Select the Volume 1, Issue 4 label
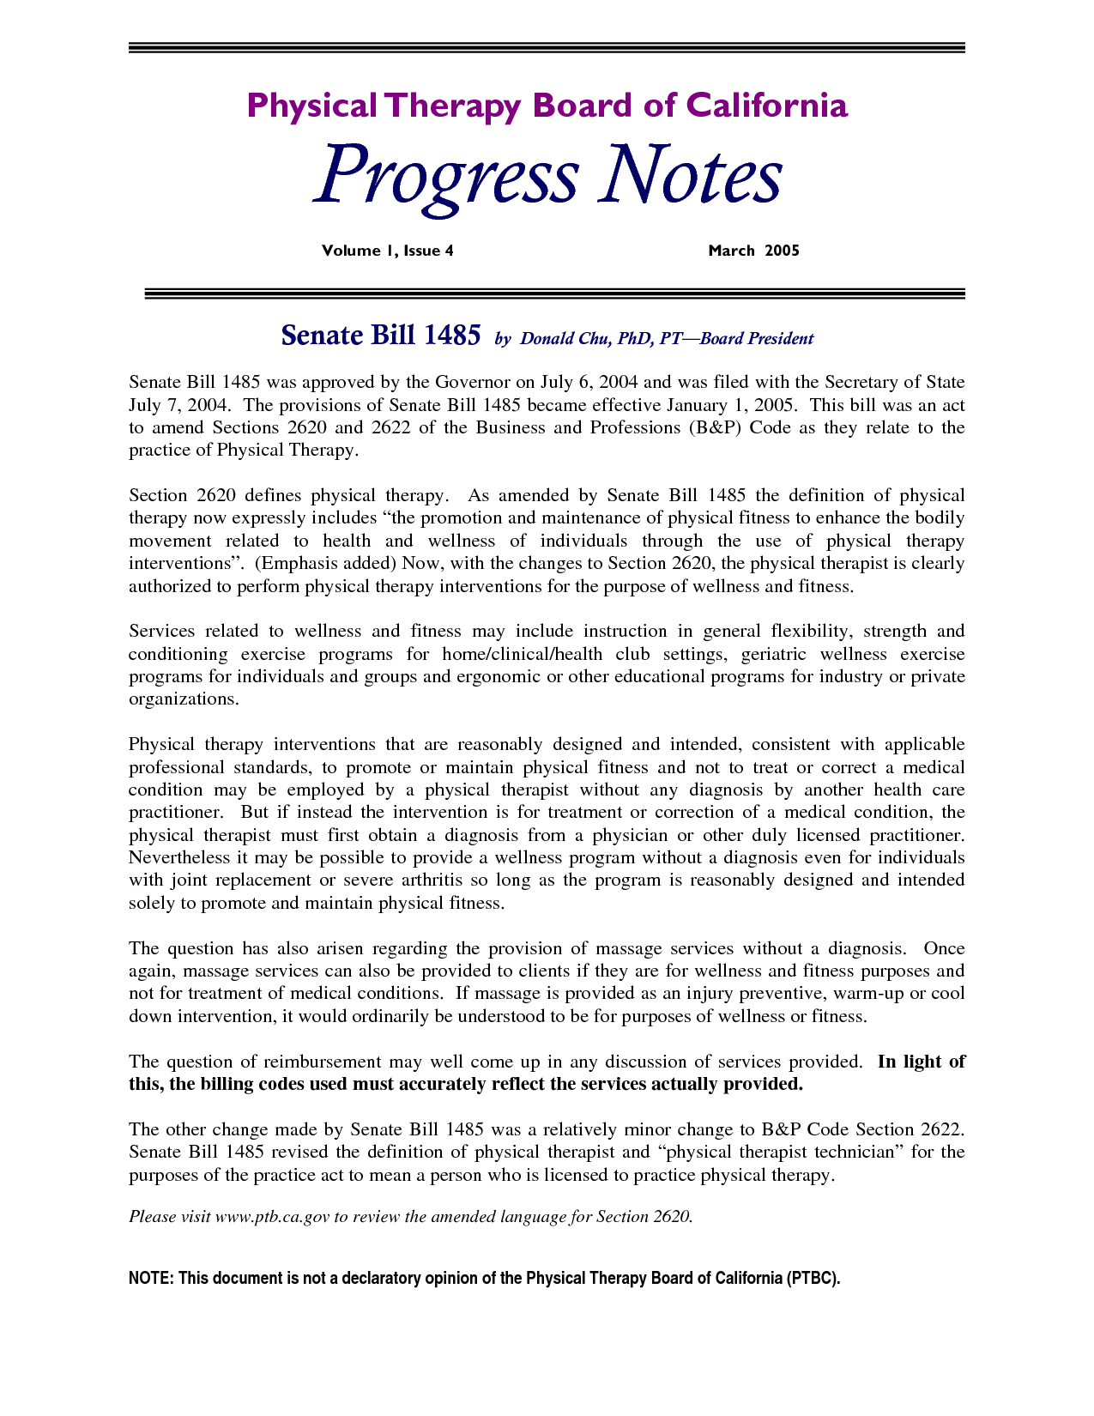(x=387, y=251)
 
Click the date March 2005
(x=753, y=251)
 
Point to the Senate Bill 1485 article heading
(x=380, y=336)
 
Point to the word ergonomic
(x=499, y=676)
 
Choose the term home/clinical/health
(x=522, y=654)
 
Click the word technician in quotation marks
(x=858, y=1152)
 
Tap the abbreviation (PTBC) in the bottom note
(x=812, y=1279)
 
